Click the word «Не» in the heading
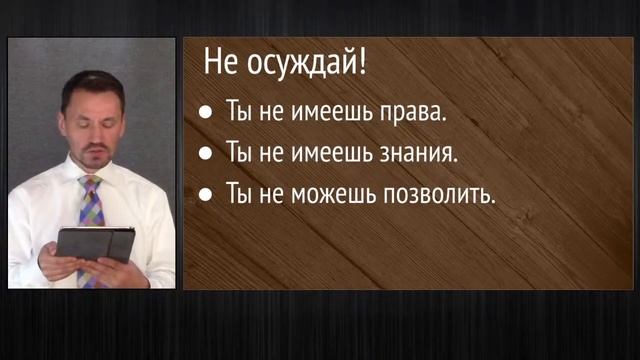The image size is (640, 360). (x=219, y=65)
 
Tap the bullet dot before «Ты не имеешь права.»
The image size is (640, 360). (x=205, y=114)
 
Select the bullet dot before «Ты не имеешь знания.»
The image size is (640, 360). (x=205, y=154)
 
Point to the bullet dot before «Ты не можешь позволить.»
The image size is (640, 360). (x=205, y=195)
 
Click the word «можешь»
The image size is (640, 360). (x=333, y=195)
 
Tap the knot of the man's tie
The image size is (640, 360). (x=91, y=184)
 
